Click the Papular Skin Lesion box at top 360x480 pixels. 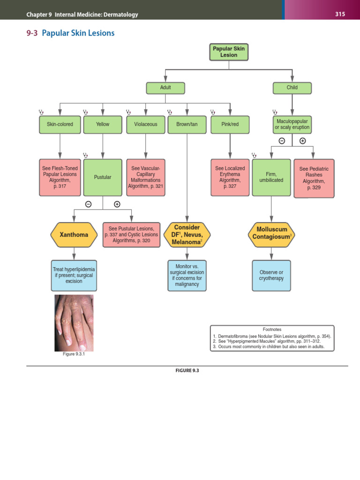tap(229, 52)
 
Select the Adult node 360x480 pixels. tap(165, 88)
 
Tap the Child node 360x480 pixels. tap(292, 88)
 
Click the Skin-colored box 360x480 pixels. tap(60, 124)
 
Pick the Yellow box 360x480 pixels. tap(103, 124)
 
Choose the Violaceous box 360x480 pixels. tap(145, 124)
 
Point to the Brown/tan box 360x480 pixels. tap(187, 124)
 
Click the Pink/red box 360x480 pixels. tap(230, 124)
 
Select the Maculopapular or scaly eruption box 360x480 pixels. tap(292, 124)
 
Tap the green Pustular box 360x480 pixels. tap(103, 177)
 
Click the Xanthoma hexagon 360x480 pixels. tap(74, 234)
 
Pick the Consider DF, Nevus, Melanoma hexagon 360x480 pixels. tap(187, 234)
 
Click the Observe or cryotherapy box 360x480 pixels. tap(271, 275)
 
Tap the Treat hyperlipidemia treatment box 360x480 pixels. tap(74, 275)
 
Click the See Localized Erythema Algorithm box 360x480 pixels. tap(230, 177)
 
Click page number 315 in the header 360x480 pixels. tap(340, 14)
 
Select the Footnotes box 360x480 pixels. tap(272, 339)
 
